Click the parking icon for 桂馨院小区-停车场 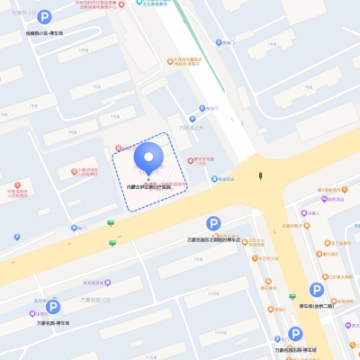[x=44, y=17]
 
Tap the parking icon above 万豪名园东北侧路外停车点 [x=213, y=223]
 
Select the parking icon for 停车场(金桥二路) [x=317, y=290]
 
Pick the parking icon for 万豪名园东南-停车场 [x=294, y=334]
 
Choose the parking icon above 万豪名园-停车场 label [x=52, y=307]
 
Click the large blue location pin [x=148, y=159]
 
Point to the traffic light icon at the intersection [x=261, y=175]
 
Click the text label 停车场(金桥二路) [x=318, y=305]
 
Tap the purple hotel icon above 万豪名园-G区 [x=91, y=281]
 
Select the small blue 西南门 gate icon [x=16, y=237]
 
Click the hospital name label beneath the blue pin [x=148, y=186]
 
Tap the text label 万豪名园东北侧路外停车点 [x=213, y=240]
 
